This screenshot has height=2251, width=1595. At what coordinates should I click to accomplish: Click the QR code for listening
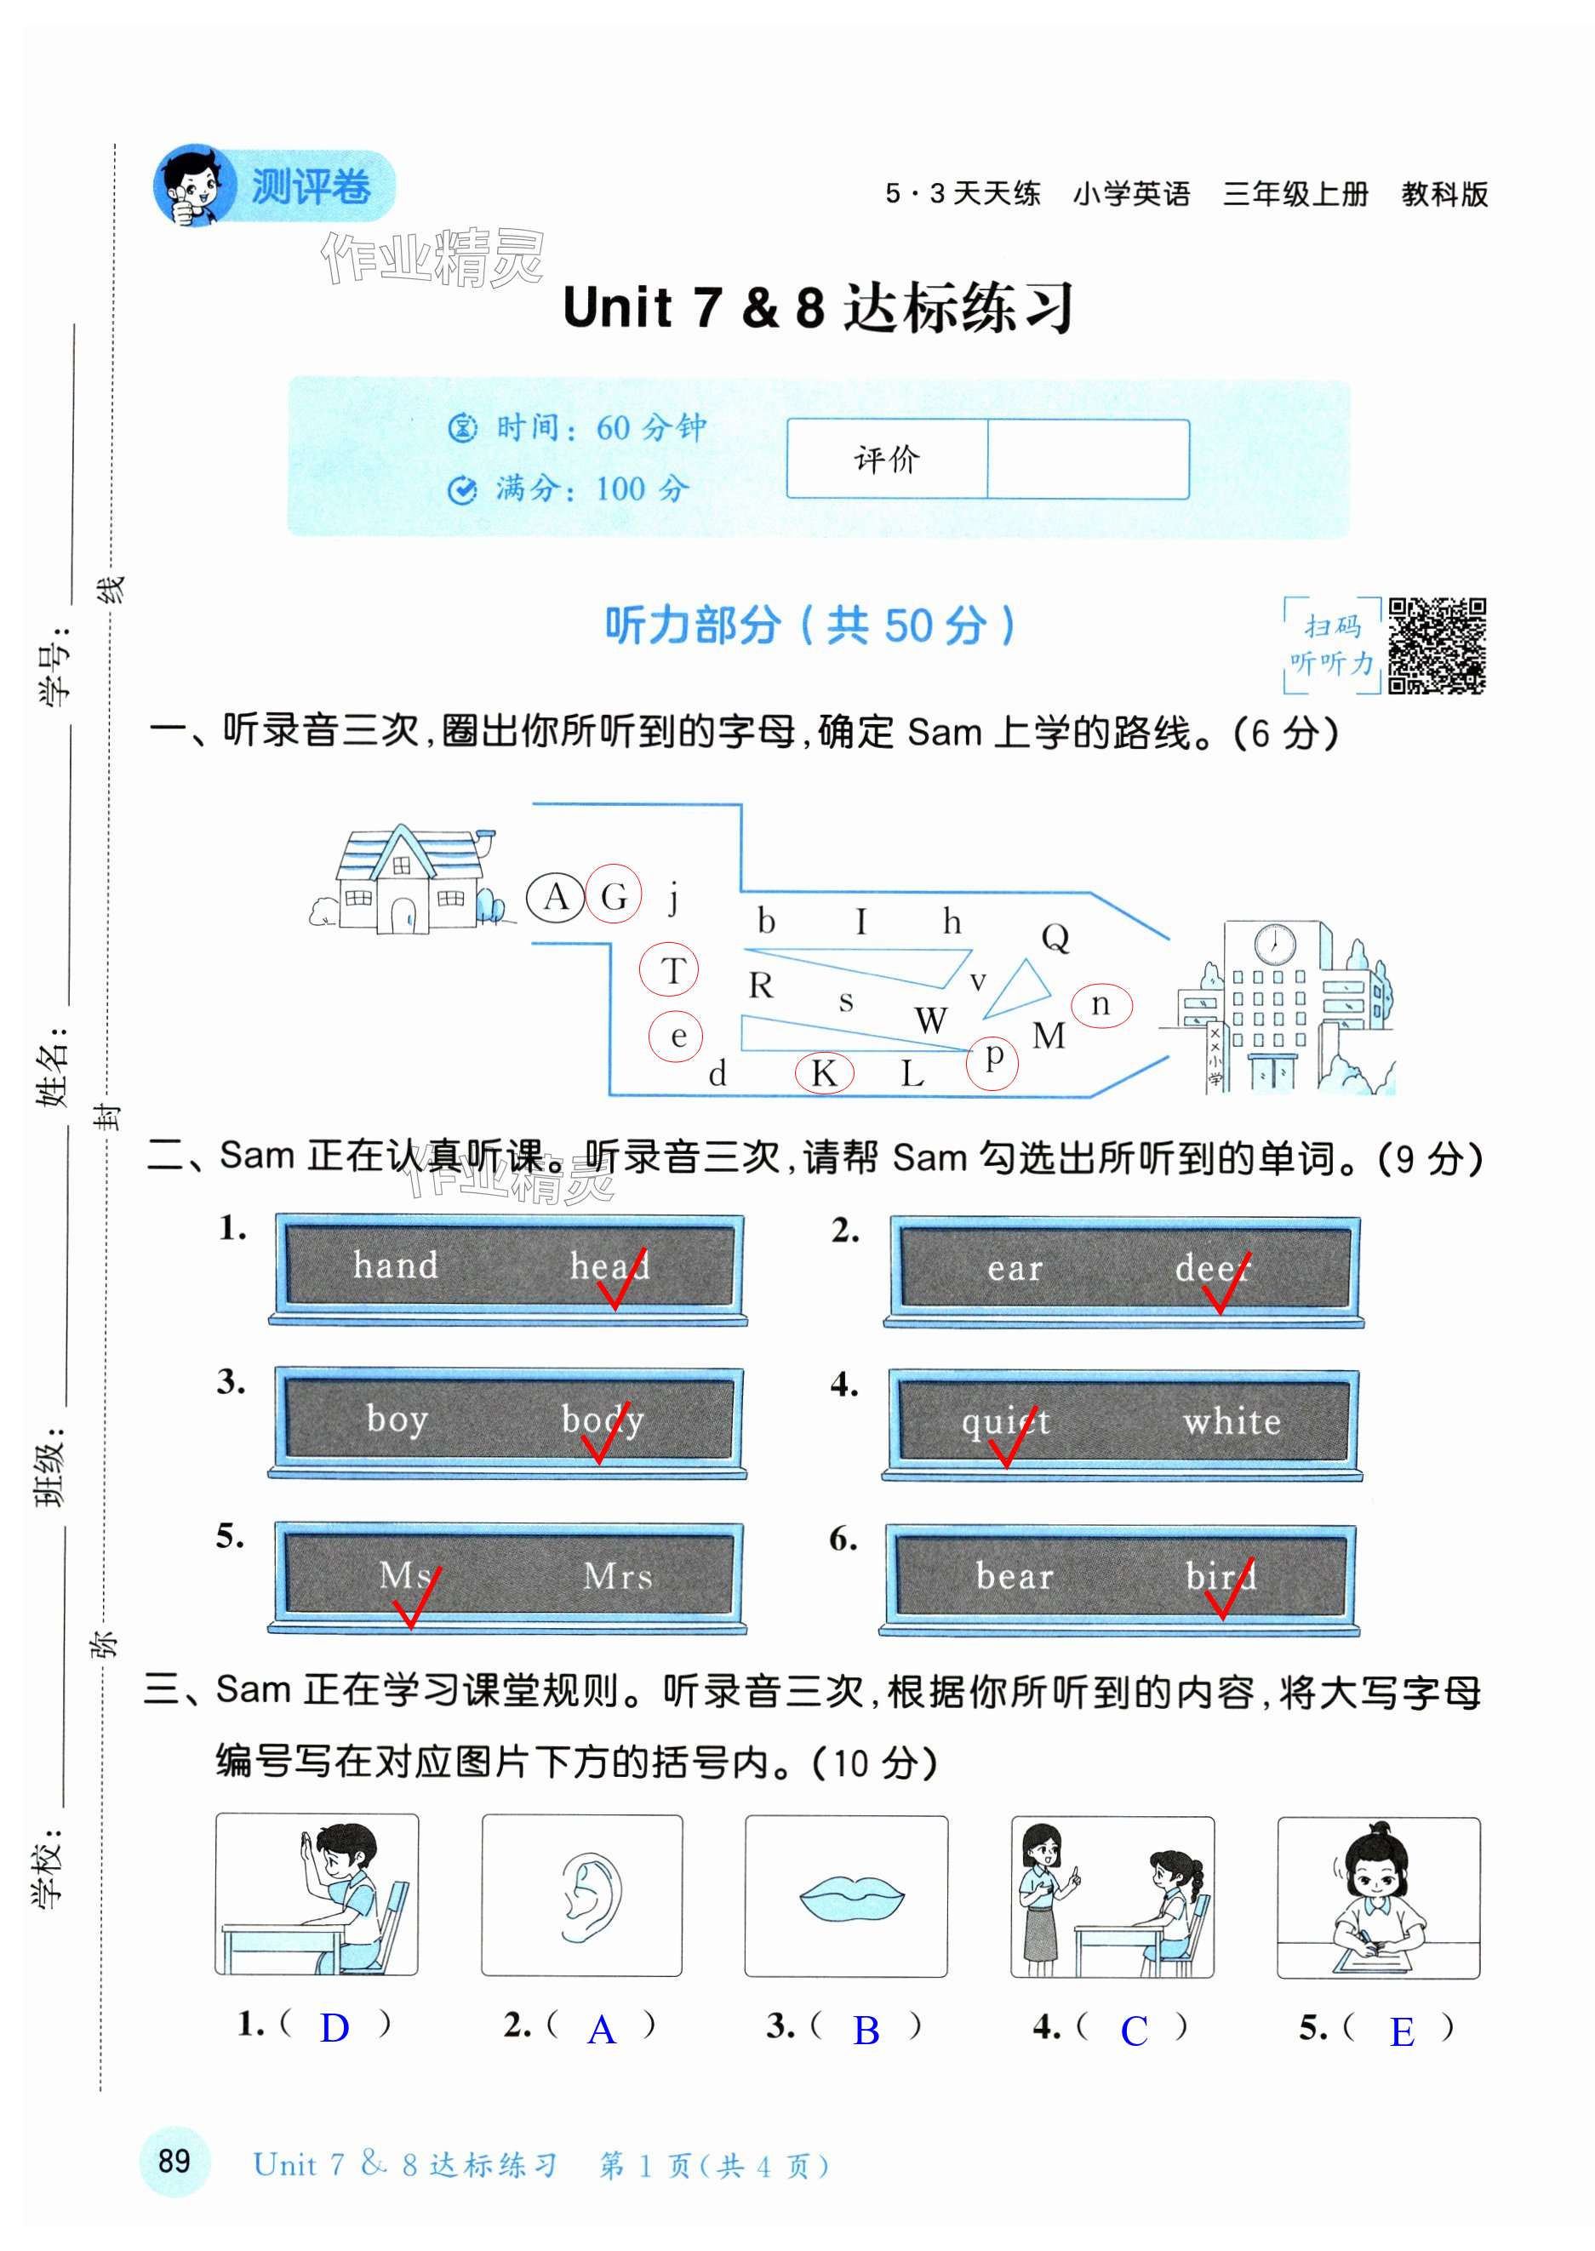coord(1436,645)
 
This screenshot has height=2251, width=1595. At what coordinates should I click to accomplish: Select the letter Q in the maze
coord(1055,937)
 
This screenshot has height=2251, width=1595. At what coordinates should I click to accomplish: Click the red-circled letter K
coord(824,1072)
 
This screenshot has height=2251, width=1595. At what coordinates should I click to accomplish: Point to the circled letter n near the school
coord(1101,1005)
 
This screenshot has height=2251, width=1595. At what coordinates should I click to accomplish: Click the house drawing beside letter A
coord(404,880)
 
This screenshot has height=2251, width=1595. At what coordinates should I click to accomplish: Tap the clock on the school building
coord(1274,945)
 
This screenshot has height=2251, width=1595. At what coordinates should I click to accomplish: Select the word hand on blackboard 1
coord(395,1265)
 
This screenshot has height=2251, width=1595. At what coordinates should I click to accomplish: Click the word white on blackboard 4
coord(1232,1421)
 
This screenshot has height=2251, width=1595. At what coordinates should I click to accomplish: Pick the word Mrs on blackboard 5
coord(617,1576)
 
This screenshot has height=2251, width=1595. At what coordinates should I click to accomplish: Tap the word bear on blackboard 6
coord(1014,1576)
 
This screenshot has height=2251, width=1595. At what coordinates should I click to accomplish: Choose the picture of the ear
coord(582,1895)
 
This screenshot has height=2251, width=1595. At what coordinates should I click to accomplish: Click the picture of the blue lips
coord(847,1896)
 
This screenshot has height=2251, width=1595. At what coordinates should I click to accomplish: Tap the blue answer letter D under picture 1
coord(334,2028)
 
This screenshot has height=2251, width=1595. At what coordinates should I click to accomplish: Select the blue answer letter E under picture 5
coord(1402,2031)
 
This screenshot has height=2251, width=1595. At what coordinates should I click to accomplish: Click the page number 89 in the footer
coord(174,2161)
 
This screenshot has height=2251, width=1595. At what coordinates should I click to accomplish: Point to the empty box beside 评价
coord(1087,459)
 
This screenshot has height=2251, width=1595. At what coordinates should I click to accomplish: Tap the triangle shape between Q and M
coord(1020,990)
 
